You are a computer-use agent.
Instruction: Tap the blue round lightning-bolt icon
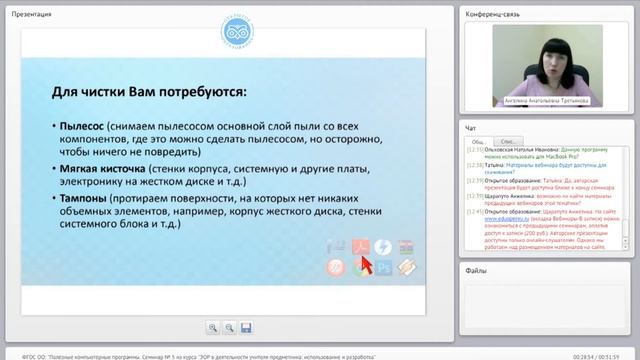tap(384, 247)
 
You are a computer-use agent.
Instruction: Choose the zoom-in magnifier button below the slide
tap(212, 327)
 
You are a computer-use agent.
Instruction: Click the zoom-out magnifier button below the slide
tap(229, 327)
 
